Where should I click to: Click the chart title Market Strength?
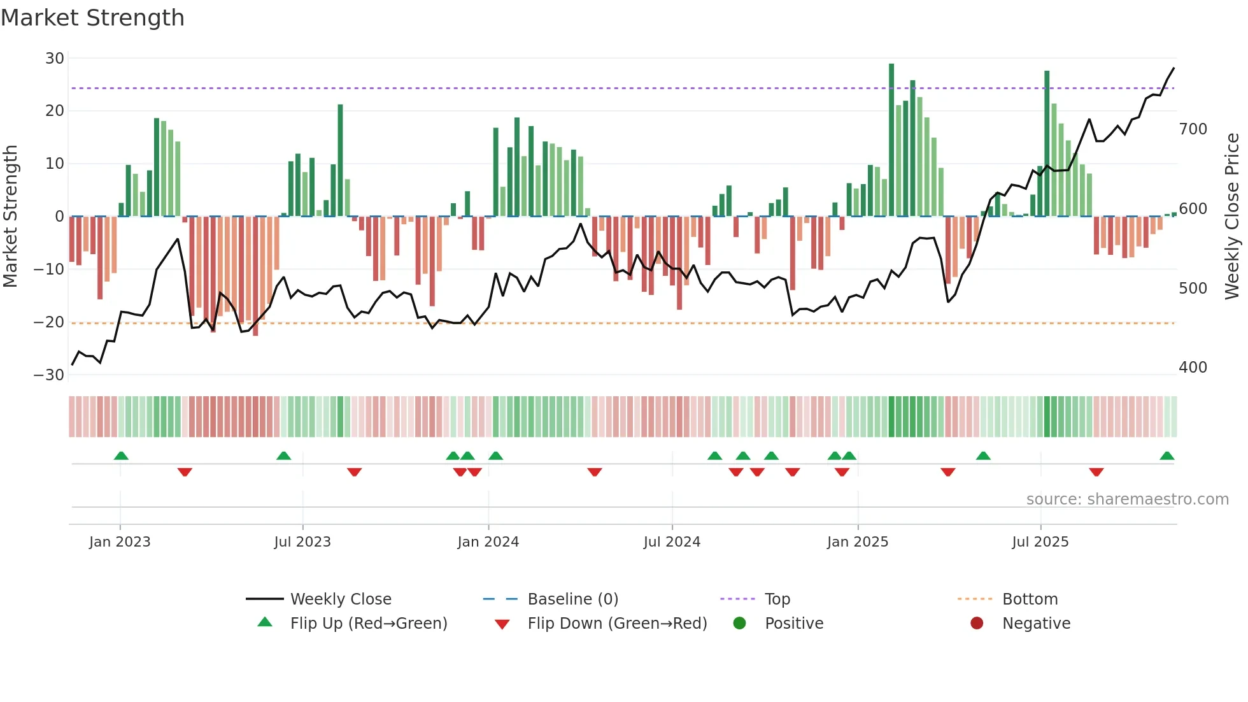click(92, 18)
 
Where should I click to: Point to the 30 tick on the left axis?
click(55, 59)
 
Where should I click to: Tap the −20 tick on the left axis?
click(49, 322)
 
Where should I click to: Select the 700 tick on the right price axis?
click(1193, 129)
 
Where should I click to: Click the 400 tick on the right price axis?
click(1193, 368)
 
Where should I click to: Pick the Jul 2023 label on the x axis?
click(302, 542)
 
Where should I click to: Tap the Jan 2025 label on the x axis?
click(857, 542)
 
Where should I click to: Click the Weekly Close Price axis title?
click(1232, 217)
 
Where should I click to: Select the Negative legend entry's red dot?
click(977, 623)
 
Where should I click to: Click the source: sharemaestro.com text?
click(1127, 499)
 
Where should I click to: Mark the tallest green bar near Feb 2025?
click(891, 140)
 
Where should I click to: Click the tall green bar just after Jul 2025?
click(1047, 143)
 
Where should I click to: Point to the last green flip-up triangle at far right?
click(1166, 456)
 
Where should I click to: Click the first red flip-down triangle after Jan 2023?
click(185, 472)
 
